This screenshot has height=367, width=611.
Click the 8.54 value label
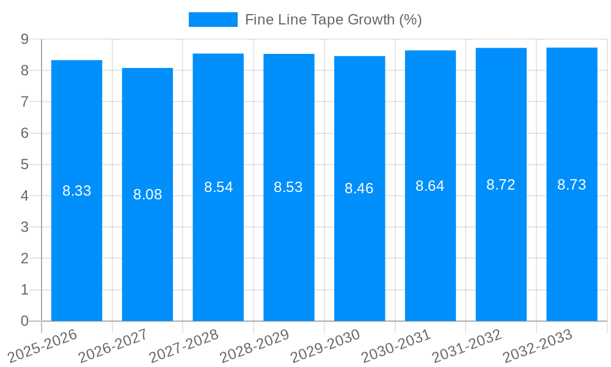coord(218,187)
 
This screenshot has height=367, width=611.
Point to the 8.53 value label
coord(288,187)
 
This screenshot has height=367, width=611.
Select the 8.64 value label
coord(430,186)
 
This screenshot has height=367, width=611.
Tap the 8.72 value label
coord(501,185)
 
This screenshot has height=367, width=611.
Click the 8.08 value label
coord(147,195)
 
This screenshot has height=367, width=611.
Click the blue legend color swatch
coord(213,20)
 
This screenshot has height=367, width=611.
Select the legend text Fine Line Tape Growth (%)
coord(333,20)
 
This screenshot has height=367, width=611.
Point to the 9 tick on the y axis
coord(24,39)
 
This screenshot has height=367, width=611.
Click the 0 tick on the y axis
coord(24,321)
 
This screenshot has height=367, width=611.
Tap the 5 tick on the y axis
coord(24,165)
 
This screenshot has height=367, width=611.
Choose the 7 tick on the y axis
coord(24,102)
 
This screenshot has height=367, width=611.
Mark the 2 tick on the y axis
coord(24,259)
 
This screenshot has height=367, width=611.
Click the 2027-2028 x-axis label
coord(184,346)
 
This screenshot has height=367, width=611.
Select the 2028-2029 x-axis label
coord(255,346)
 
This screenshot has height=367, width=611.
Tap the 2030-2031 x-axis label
coord(397,346)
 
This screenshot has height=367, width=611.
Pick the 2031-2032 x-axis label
coord(467,346)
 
